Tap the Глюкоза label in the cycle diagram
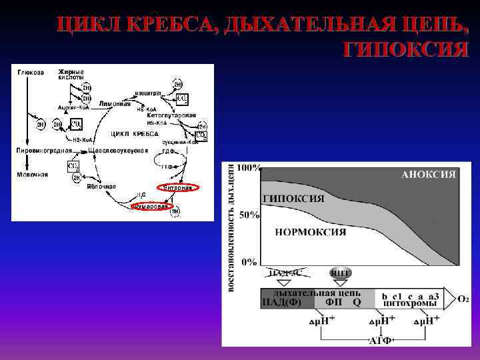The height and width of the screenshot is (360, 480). pyautogui.click(x=30, y=73)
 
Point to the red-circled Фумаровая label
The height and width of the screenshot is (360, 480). pyautogui.click(x=151, y=207)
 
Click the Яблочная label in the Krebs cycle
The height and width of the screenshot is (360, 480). pyautogui.click(x=101, y=187)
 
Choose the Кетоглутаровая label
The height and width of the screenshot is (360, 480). pyautogui.click(x=171, y=115)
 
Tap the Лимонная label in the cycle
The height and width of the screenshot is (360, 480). pyautogui.click(x=115, y=104)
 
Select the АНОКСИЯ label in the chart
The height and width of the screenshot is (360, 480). pyautogui.click(x=429, y=175)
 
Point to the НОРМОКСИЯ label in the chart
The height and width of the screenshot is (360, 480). pyautogui.click(x=311, y=232)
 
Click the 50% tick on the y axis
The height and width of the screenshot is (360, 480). pyautogui.click(x=249, y=215)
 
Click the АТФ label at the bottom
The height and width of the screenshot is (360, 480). pyautogui.click(x=380, y=341)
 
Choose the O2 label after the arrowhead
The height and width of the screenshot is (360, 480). pyautogui.click(x=463, y=298)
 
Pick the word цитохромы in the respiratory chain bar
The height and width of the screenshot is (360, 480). pyautogui.click(x=410, y=303)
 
